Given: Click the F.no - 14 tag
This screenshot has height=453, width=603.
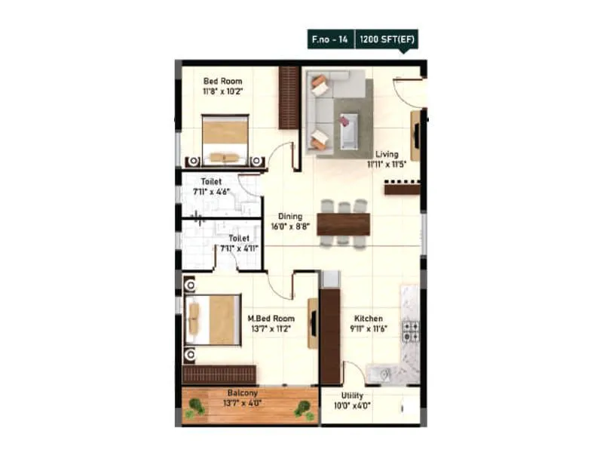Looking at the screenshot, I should (329, 39).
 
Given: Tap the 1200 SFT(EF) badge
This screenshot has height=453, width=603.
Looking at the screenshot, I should (384, 39).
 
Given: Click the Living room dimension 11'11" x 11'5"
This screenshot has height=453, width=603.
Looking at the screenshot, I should (387, 163).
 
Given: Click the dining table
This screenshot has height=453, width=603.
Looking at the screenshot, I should (343, 223).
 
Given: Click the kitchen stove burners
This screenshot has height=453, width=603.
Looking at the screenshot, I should (411, 331).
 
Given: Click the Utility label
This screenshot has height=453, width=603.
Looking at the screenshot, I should (352, 396).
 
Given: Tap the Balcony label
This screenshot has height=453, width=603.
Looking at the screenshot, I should (243, 393).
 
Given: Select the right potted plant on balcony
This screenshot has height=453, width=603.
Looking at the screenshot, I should (305, 409).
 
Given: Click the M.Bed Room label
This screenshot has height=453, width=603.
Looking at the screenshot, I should (271, 319).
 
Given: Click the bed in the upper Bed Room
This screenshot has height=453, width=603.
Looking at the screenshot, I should (225, 140).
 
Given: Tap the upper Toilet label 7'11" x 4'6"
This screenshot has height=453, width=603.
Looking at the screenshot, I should (216, 186).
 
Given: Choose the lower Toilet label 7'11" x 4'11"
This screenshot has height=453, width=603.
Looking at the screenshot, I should (238, 242).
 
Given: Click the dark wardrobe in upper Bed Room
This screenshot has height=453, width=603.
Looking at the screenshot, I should (289, 97).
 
